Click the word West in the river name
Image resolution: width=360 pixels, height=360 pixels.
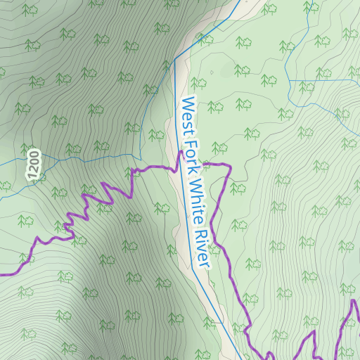tap(187, 113)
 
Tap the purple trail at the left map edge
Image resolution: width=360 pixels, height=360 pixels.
tap(1, 274)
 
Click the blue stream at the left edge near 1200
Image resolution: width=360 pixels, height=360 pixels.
tap(1, 163)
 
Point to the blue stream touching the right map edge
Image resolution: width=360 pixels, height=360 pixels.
tap(358, 80)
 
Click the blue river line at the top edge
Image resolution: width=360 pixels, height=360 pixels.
tap(239, 1)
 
